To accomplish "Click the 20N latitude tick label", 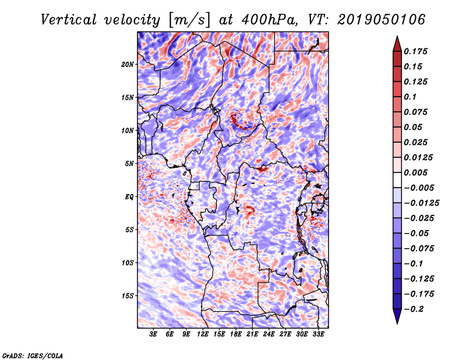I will (x=128, y=64).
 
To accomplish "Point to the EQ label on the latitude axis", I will (x=129, y=196).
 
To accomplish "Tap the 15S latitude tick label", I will (x=128, y=295).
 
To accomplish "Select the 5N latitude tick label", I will (x=129, y=163).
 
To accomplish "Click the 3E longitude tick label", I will (x=153, y=334).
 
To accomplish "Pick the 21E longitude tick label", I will (x=252, y=334).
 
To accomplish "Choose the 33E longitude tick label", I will (x=318, y=334).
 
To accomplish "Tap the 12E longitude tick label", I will (x=203, y=334).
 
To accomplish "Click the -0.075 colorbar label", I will (x=419, y=248).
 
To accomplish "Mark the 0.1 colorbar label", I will (x=411, y=97).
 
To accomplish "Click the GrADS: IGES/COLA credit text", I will (x=32, y=355).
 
